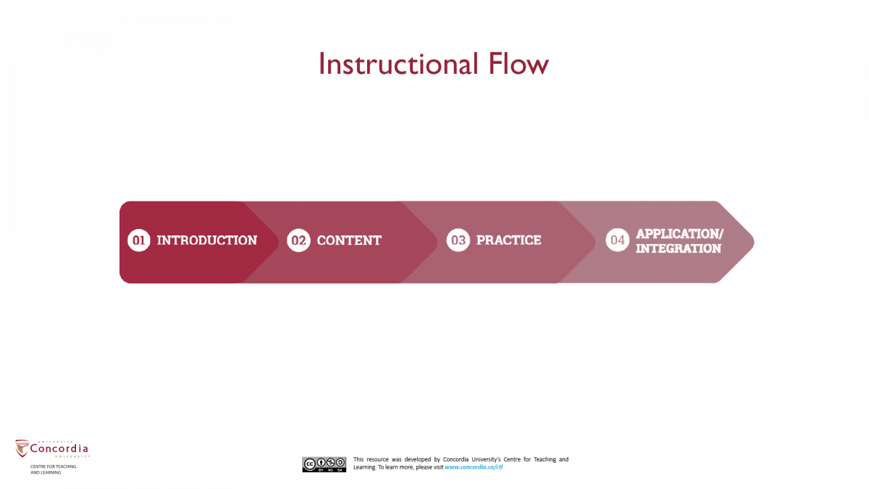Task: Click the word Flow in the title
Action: [519, 64]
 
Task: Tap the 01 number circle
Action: [138, 241]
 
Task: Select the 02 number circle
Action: [298, 241]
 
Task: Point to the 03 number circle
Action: [458, 241]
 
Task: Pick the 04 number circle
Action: [617, 241]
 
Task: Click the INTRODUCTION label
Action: [207, 241]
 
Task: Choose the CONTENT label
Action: [349, 241]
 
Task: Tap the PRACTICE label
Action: [508, 241]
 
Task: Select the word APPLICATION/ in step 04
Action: [679, 234]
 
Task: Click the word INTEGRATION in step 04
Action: [679, 248]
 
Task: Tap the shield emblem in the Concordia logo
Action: [22, 449]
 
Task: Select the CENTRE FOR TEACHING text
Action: [53, 467]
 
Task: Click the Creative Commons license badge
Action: [324, 464]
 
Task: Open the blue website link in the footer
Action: [474, 467]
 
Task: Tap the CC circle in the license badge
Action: [309, 463]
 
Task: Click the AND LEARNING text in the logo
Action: [45, 472]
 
